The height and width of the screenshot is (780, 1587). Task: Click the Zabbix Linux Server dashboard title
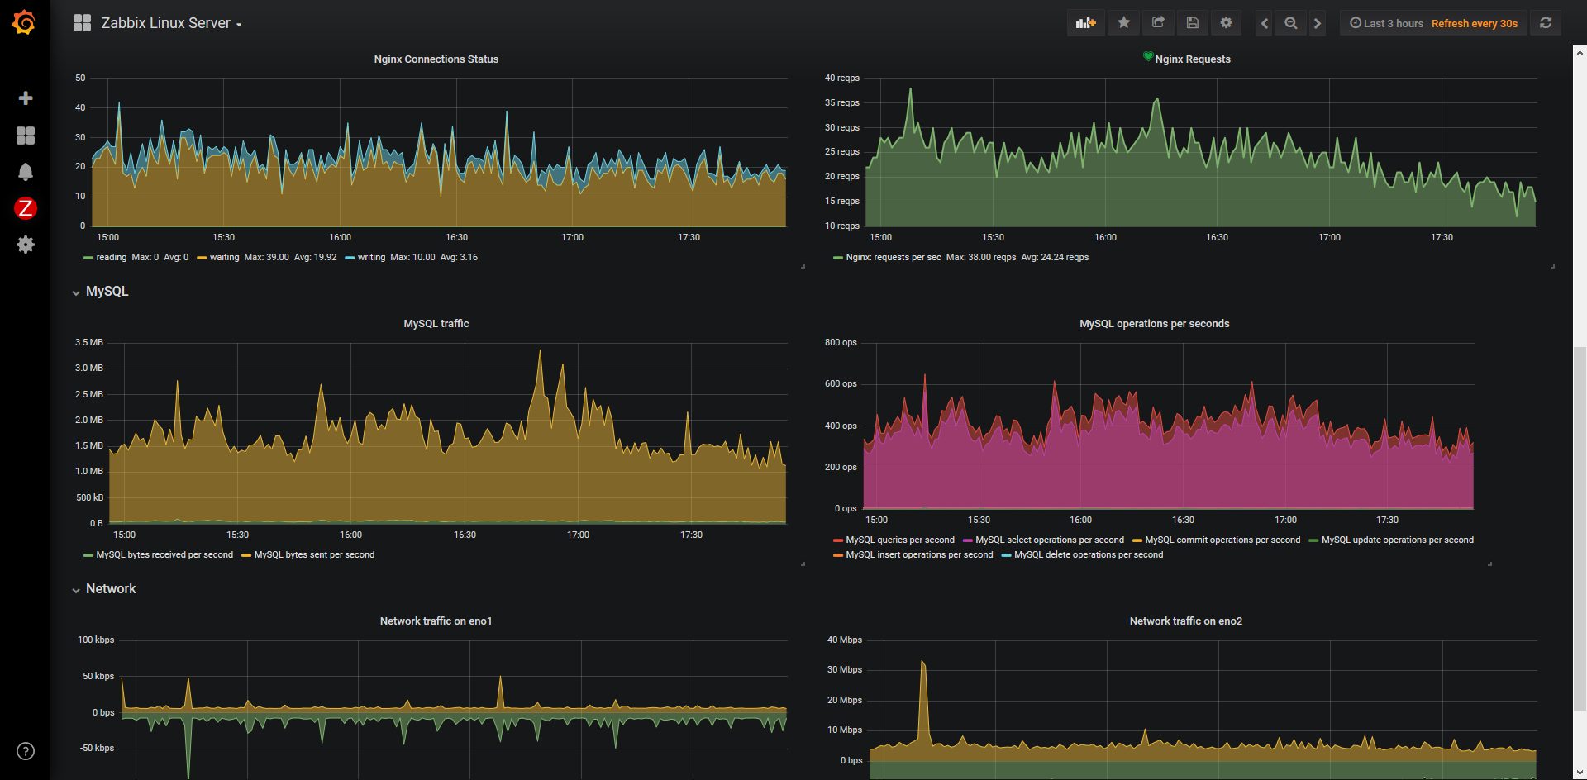coord(165,23)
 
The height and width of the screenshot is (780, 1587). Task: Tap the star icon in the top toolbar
coord(1123,23)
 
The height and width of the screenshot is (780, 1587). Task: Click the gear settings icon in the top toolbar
coord(1226,23)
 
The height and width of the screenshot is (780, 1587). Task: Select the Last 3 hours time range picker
coord(1387,23)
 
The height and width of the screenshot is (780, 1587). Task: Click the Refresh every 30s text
coord(1475,23)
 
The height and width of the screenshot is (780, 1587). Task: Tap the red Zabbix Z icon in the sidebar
coord(26,208)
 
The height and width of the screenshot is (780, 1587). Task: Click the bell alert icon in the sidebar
coord(26,172)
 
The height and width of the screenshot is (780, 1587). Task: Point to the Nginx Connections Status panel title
coord(436,59)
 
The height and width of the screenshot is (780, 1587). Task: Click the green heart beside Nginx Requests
coord(1148,56)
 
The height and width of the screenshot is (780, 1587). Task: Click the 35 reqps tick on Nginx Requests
coord(841,102)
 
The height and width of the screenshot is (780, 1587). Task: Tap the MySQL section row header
coord(107,291)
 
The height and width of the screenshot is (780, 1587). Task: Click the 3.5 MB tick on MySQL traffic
coord(89,342)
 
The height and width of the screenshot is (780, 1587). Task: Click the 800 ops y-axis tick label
coord(841,342)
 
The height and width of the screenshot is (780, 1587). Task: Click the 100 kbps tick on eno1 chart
coord(96,640)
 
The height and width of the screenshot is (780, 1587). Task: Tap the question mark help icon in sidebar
coord(26,751)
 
